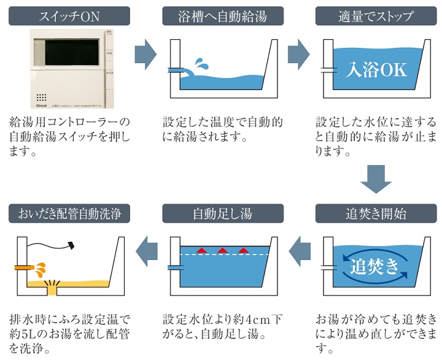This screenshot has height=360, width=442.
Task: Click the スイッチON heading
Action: coord(69,16)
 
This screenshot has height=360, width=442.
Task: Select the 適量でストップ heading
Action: coord(376,16)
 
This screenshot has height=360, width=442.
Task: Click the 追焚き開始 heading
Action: coord(376,214)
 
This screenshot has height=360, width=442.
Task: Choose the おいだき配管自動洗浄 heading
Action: coord(69,214)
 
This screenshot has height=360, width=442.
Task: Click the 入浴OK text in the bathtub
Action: coord(376,70)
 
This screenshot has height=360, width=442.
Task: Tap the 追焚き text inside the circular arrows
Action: coord(375,267)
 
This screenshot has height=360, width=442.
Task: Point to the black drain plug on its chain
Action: coord(71,245)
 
